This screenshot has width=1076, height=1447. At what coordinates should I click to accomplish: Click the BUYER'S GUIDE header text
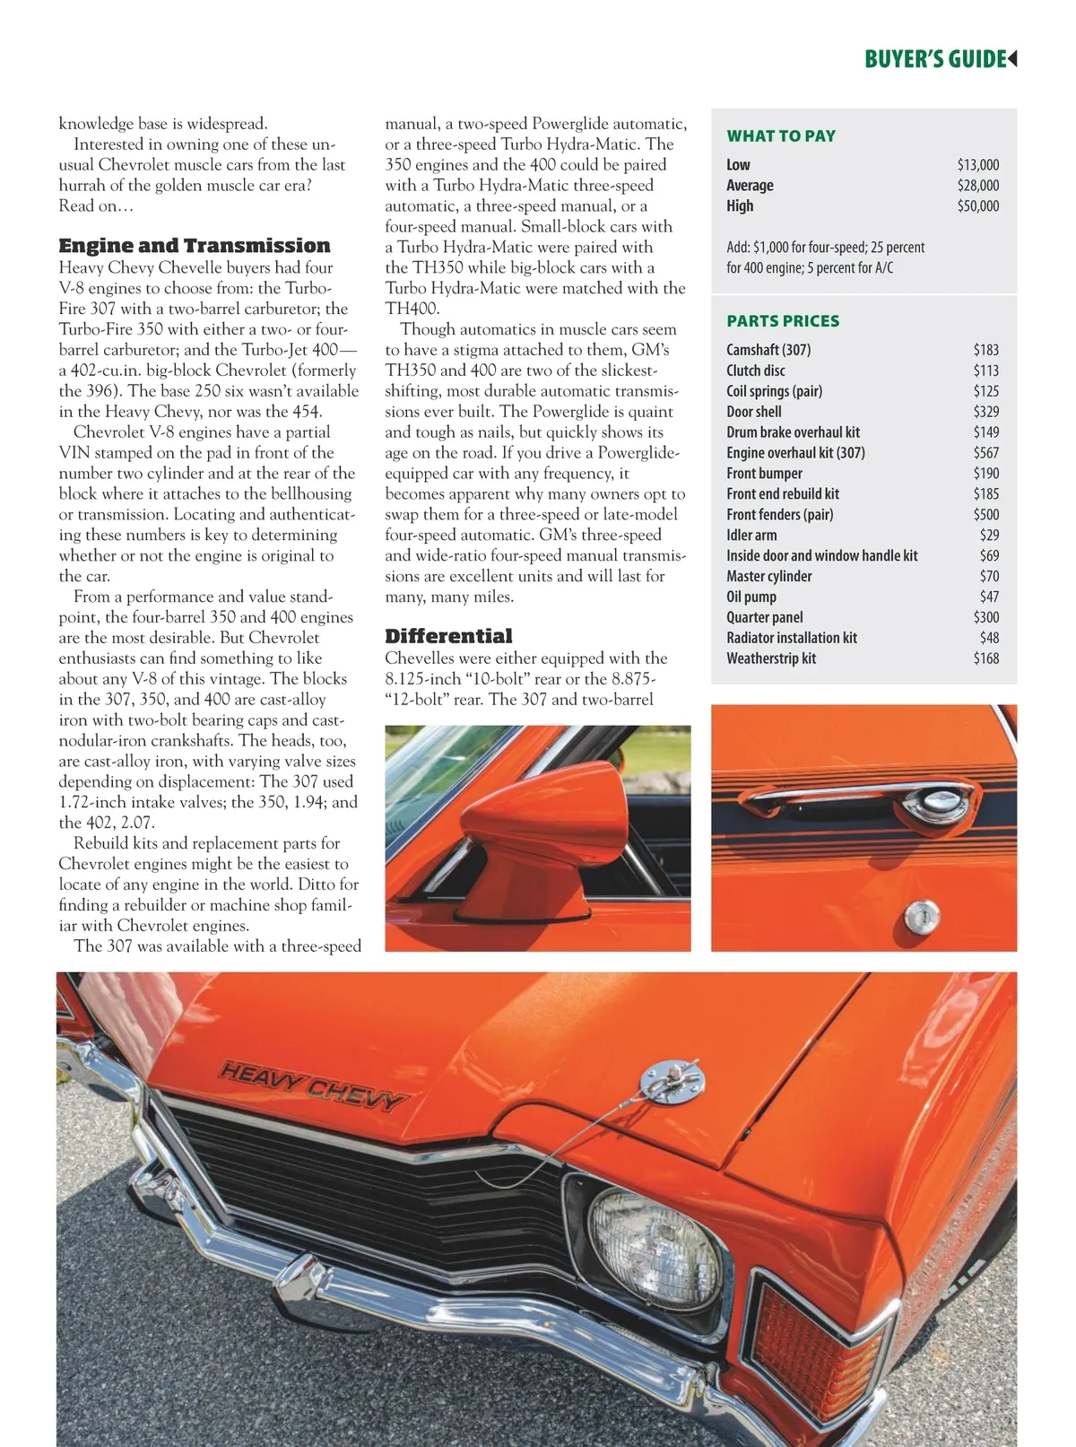pyautogui.click(x=935, y=59)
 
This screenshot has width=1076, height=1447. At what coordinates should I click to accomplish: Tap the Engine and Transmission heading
pyautogui.click(x=195, y=246)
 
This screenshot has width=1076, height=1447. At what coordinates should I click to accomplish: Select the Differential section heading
pyautogui.click(x=448, y=636)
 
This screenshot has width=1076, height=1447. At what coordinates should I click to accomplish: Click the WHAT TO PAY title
pyautogui.click(x=781, y=136)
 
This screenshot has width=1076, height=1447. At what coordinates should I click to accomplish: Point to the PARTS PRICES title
pyautogui.click(x=783, y=321)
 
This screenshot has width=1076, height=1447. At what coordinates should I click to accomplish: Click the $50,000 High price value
pyautogui.click(x=977, y=205)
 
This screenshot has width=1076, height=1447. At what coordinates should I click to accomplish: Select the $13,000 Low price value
pyautogui.click(x=977, y=164)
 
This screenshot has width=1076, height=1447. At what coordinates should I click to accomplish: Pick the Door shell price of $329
pyautogui.click(x=985, y=412)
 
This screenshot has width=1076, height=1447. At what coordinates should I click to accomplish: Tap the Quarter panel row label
pyautogui.click(x=765, y=617)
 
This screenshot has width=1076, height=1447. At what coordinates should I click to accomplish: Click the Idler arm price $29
pyautogui.click(x=989, y=535)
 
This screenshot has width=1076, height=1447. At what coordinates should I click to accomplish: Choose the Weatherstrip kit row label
pyautogui.click(x=771, y=658)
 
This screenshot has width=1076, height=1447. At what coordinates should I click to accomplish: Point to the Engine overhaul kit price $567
pyautogui.click(x=985, y=453)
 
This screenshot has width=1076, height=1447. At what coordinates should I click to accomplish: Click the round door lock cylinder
pyautogui.click(x=921, y=915)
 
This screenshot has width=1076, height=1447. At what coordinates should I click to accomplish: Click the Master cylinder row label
pyautogui.click(x=769, y=576)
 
